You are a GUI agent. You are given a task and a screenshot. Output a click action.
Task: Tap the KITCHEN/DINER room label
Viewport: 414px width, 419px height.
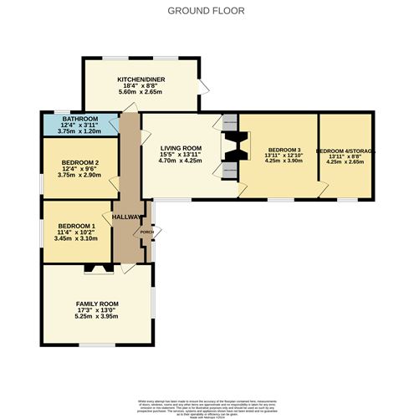140,79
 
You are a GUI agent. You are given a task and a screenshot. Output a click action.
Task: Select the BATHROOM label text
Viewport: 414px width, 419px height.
64,120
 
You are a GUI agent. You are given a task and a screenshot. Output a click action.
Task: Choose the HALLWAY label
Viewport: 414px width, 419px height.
127,216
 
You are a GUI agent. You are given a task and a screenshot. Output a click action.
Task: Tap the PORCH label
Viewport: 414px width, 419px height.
146,232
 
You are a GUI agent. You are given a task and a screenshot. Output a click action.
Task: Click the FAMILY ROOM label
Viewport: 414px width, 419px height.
97,303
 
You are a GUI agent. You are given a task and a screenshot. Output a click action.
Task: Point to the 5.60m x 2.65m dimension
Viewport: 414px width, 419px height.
140,93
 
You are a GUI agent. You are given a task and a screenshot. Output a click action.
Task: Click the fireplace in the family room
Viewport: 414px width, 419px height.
97,268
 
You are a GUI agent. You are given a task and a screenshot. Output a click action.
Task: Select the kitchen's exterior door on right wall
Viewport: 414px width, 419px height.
201,85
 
